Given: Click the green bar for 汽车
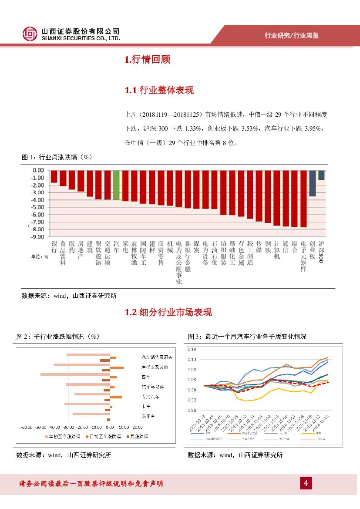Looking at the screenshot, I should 116,185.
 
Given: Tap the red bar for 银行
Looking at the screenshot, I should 54,176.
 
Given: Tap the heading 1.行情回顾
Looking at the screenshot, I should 147,60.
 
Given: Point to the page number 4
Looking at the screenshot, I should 306,483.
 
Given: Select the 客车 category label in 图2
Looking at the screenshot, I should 145,377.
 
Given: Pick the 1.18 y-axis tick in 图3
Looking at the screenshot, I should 192,349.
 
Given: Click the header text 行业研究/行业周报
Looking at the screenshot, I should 292,36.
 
